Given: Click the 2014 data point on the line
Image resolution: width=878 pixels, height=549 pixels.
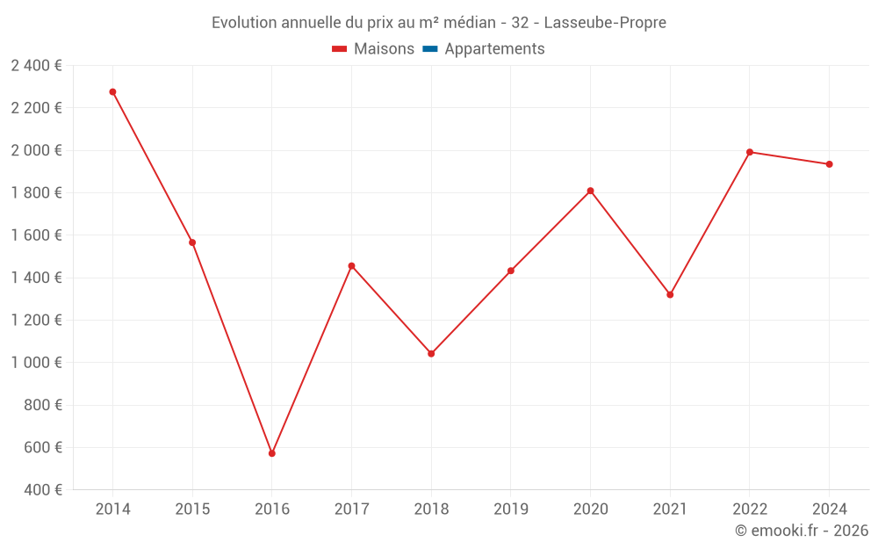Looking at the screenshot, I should pyautogui.click(x=112, y=91).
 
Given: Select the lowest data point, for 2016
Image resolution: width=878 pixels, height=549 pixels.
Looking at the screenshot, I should pyautogui.click(x=272, y=453).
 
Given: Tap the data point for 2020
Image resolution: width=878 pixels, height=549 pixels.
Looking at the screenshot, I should pyautogui.click(x=590, y=191).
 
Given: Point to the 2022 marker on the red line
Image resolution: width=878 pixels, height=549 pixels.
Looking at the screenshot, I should pyautogui.click(x=750, y=152).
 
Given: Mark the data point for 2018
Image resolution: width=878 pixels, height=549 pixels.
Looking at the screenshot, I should pyautogui.click(x=431, y=354).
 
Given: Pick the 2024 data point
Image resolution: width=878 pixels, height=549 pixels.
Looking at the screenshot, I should pyautogui.click(x=829, y=164).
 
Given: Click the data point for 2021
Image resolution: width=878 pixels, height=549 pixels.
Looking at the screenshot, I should pyautogui.click(x=670, y=294).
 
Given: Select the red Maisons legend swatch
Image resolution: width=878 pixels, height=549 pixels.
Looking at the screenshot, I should pyautogui.click(x=340, y=49).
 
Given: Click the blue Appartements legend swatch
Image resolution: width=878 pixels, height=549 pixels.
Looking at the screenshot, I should pyautogui.click(x=430, y=49).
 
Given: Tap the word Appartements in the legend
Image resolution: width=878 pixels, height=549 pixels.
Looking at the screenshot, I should pyautogui.click(x=494, y=49).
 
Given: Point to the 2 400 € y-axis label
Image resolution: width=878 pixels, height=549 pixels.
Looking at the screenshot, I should pyautogui.click(x=36, y=65).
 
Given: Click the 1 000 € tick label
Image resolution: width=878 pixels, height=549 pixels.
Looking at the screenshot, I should pyautogui.click(x=36, y=363).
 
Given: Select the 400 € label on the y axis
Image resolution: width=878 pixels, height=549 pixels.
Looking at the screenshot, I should pyautogui.click(x=44, y=490).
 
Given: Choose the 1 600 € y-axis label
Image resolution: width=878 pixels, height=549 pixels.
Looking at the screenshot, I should pyautogui.click(x=36, y=235).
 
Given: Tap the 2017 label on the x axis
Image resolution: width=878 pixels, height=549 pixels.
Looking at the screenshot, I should pyautogui.click(x=351, y=509).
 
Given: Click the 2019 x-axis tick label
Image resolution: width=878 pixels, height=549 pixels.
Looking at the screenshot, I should pyautogui.click(x=511, y=509).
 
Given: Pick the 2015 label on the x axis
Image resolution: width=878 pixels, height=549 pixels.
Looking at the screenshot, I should pyautogui.click(x=192, y=509).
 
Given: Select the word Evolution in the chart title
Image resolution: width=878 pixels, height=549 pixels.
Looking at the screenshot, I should pyautogui.click(x=244, y=23).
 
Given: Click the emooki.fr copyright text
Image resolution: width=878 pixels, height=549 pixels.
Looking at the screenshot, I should pyautogui.click(x=802, y=531).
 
